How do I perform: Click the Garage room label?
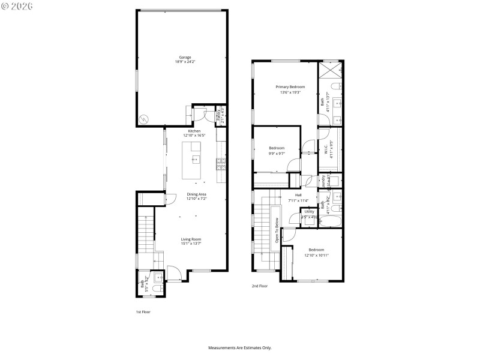click(185, 57)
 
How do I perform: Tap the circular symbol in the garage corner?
click(144, 118)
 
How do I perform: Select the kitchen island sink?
click(196, 160)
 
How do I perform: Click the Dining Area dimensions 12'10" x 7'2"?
click(196, 199)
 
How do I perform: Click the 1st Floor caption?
click(143, 312)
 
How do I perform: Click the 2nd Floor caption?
click(259, 286)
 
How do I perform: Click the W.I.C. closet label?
click(326, 148)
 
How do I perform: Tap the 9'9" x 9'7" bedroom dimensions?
click(277, 153)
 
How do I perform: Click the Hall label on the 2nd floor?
click(298, 194)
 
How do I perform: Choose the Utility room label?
click(309, 211)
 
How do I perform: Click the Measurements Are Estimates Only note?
click(240, 347)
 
